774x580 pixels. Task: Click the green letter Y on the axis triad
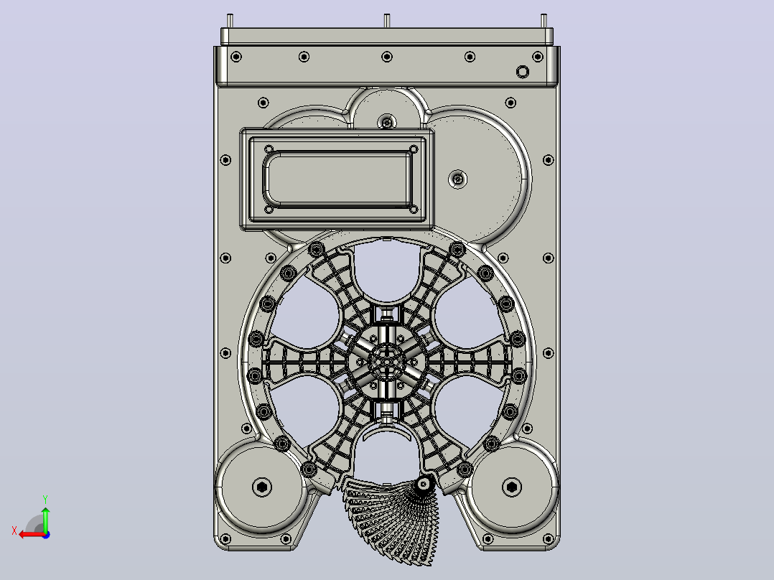[x=45, y=499]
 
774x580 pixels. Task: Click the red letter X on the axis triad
[x=14, y=530]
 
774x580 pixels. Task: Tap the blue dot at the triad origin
[x=46, y=535]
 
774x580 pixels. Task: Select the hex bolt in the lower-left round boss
[x=261, y=487]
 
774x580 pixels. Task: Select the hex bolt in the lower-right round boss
[x=511, y=487]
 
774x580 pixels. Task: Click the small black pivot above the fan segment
[x=423, y=485]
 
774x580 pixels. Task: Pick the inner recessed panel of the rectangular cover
[x=338, y=179]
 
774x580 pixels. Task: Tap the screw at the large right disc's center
[x=458, y=179]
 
